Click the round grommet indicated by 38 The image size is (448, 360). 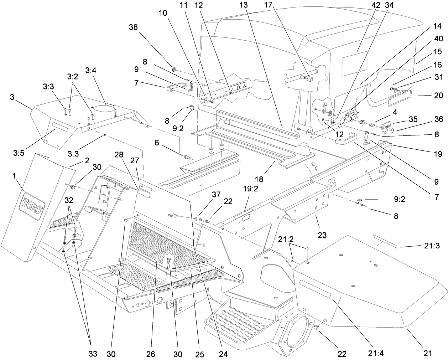(175, 68)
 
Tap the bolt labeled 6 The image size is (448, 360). (186, 156)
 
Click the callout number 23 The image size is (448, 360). (322, 235)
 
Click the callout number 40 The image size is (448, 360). (438, 39)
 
